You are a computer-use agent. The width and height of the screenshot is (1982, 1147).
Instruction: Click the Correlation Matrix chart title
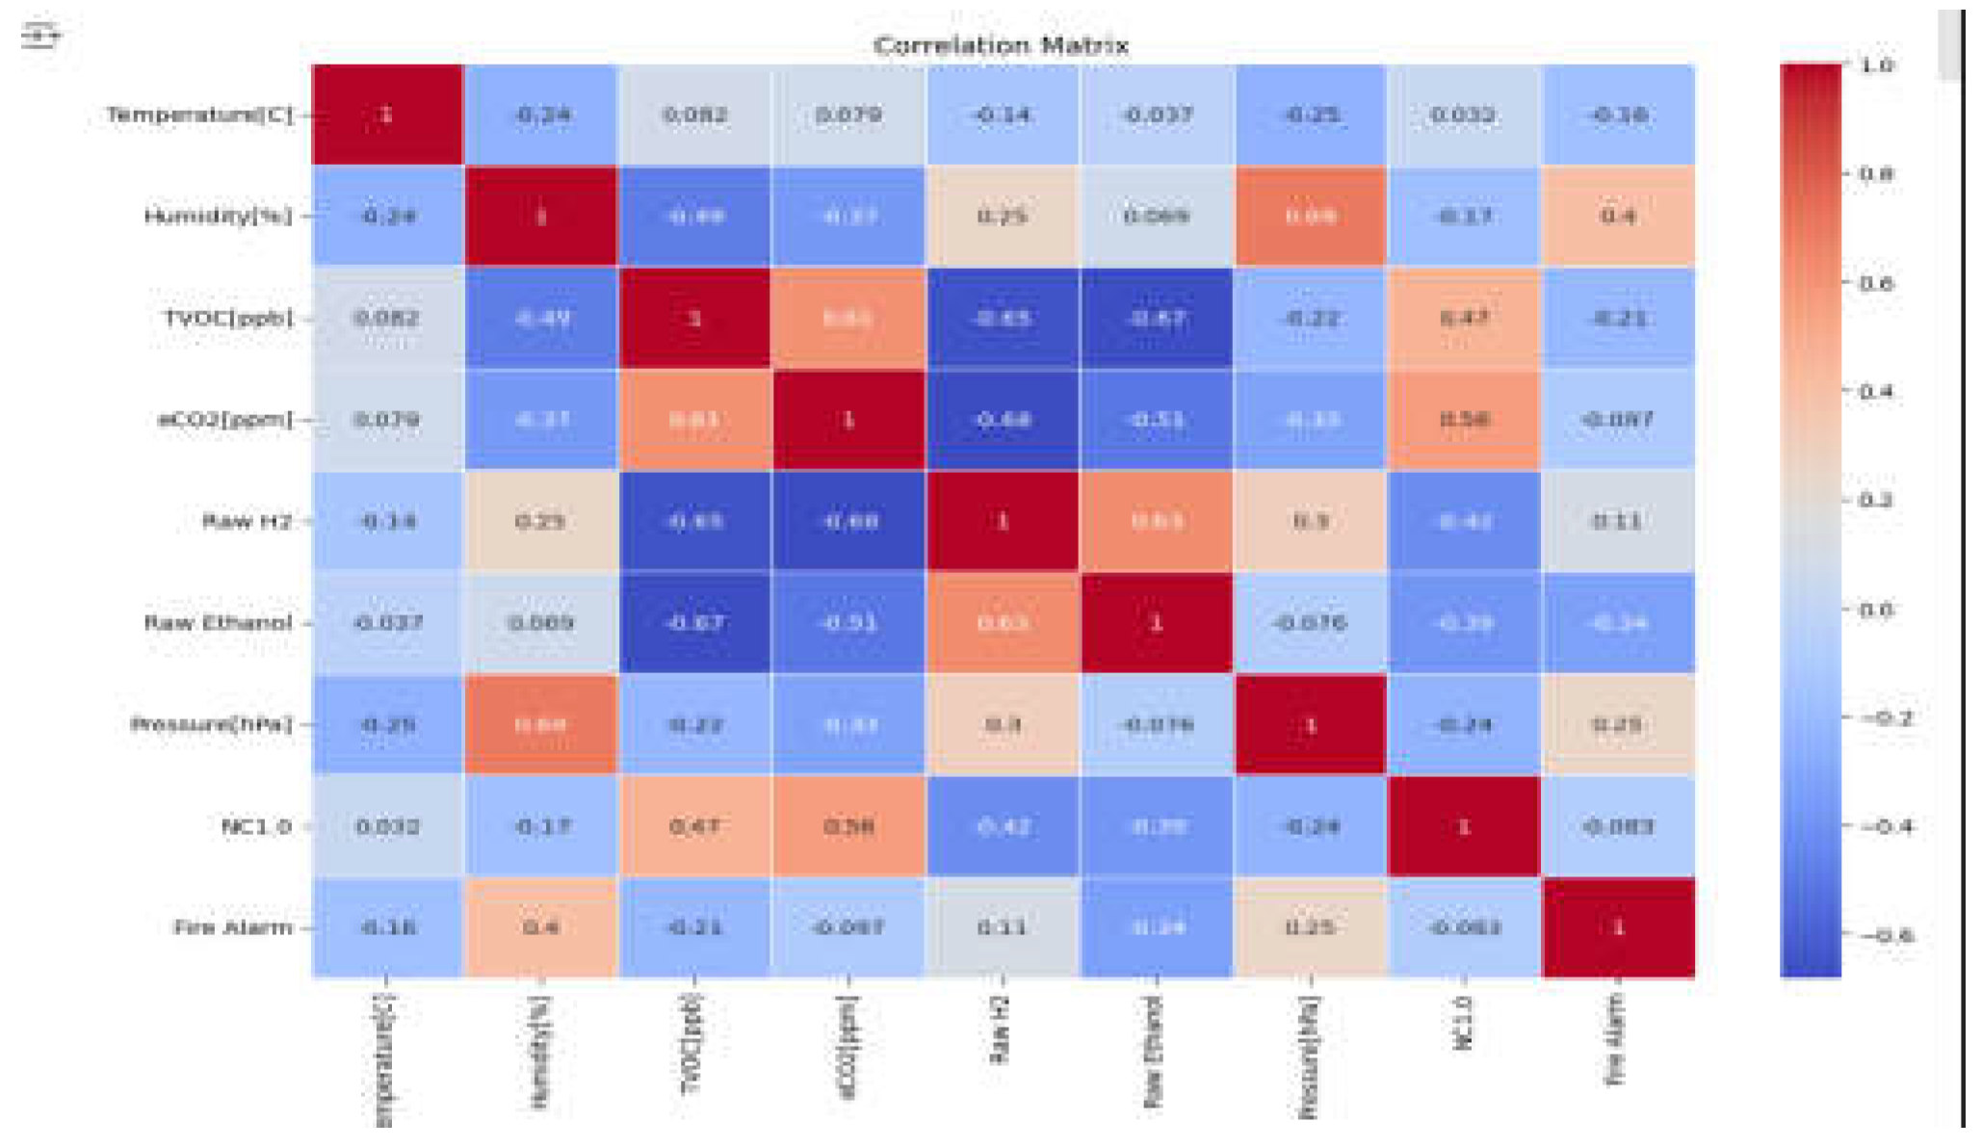(1001, 45)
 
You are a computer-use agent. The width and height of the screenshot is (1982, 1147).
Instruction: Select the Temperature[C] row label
(198, 115)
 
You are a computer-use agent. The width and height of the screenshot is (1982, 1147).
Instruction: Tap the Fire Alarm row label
(232, 927)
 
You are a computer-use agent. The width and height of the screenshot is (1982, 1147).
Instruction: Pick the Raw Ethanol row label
(218, 623)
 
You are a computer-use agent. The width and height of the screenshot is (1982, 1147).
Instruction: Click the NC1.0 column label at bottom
(1463, 1023)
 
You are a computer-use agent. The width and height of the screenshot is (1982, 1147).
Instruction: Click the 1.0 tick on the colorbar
(1876, 65)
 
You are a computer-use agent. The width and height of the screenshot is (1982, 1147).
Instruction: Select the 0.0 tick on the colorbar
(1876, 610)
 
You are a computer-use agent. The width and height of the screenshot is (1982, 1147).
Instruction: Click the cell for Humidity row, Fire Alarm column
(1618, 216)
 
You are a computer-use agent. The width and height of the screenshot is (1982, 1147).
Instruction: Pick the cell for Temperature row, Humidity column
(541, 115)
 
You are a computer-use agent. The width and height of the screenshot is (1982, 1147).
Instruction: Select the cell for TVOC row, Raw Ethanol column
(1156, 318)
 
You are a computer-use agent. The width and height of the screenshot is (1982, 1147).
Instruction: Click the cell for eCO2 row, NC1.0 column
(1463, 420)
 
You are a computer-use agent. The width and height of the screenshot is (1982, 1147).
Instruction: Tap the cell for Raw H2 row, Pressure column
(1310, 521)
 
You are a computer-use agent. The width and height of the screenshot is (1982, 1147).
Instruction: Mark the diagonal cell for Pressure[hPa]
(1310, 724)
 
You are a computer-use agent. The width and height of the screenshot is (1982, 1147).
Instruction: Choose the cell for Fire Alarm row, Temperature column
(387, 927)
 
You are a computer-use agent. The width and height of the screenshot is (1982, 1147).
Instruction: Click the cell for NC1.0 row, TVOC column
(694, 826)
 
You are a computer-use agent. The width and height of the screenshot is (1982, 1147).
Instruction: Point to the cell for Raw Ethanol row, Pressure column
(1310, 623)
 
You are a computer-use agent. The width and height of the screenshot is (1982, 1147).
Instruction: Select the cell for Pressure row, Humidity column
(541, 724)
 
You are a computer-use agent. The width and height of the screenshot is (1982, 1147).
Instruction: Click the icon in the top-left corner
(40, 36)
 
